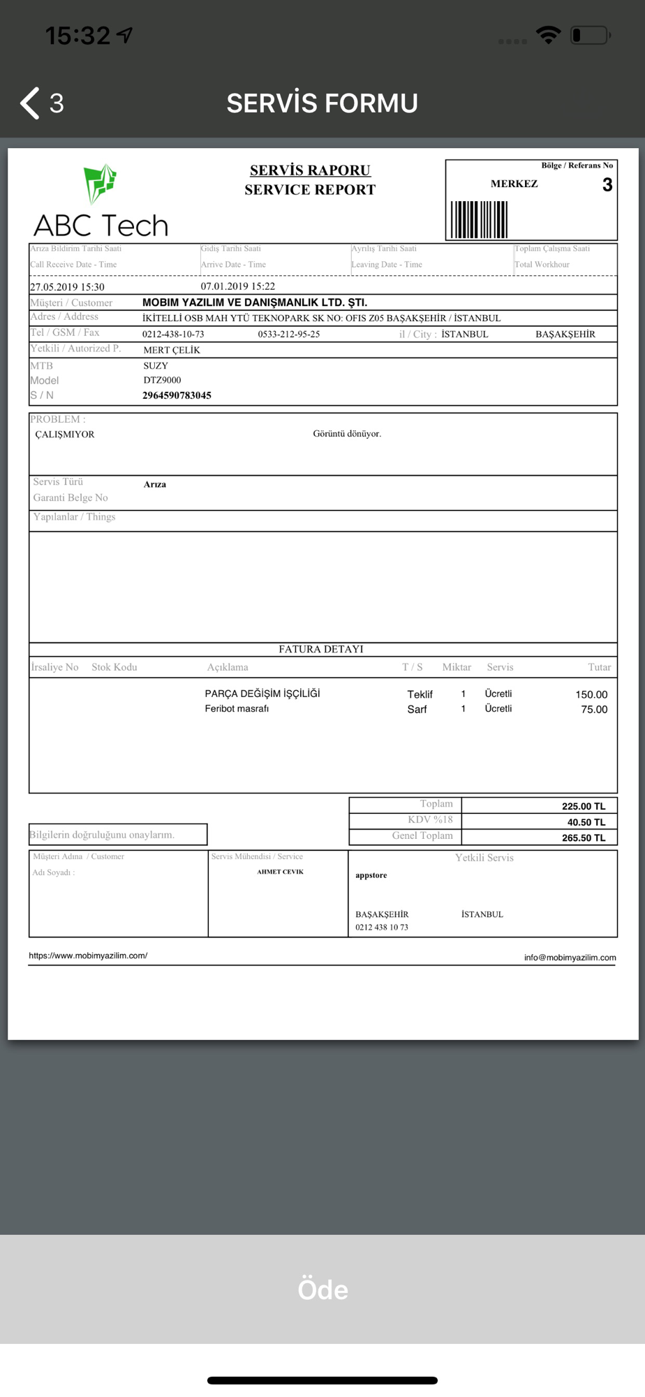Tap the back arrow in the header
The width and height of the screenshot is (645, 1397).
[30, 103]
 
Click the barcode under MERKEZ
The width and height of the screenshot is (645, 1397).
[479, 219]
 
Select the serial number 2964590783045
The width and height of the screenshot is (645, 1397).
[177, 395]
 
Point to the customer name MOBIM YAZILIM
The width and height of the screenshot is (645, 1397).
[255, 302]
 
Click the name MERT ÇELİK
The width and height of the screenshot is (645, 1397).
[172, 350]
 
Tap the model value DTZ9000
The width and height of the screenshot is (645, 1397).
[162, 380]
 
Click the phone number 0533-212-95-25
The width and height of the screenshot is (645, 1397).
[289, 334]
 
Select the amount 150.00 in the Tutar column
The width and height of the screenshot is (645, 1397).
[591, 694]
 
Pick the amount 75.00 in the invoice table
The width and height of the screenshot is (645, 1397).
[594, 709]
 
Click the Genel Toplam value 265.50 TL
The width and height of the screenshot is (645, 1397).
[584, 838]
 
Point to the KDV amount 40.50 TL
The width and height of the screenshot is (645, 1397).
[586, 822]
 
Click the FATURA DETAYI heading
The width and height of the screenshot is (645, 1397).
[321, 649]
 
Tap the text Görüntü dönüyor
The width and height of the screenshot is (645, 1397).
[347, 434]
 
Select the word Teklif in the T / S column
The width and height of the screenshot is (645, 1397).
[420, 694]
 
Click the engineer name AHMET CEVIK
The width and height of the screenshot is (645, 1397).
[280, 872]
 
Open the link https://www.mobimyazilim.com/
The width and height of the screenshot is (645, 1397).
[88, 956]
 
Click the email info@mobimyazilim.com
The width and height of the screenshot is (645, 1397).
[570, 958]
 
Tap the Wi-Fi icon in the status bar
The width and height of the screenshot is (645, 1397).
[549, 34]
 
